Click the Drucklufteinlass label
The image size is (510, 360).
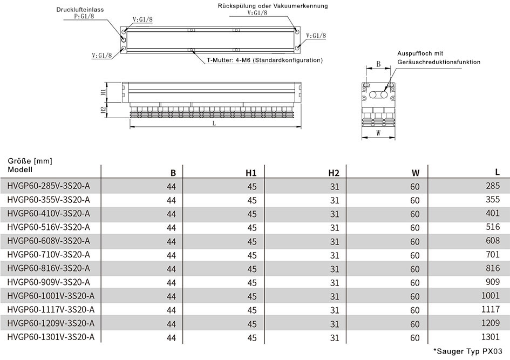[80, 9]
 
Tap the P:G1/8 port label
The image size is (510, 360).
[84, 16]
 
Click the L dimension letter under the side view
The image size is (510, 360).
[214, 123]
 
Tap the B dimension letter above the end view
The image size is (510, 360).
[378, 64]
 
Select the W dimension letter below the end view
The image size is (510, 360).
[378, 133]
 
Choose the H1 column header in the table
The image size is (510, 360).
[251, 173]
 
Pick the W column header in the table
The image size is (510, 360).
[416, 173]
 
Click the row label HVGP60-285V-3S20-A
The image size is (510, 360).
[49, 186]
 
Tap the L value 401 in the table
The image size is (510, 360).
[493, 213]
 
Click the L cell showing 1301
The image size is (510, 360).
[491, 337]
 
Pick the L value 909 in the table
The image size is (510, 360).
[493, 282]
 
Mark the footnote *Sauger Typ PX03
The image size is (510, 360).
[468, 351]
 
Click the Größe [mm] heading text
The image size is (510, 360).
[30, 161]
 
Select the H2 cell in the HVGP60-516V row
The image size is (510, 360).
[335, 228]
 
